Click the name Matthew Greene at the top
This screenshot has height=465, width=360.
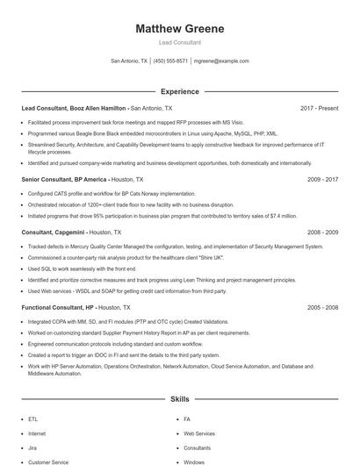tap(179, 29)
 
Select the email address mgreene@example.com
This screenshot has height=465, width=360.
tap(221, 61)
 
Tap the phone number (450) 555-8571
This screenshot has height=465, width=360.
tap(170, 61)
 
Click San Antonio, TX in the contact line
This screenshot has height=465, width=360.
tap(129, 61)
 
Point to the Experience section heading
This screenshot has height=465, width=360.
tap(179, 91)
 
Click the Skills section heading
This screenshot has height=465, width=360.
tap(179, 399)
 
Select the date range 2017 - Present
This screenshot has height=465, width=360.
tap(319, 108)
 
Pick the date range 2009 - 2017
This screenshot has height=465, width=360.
tap(322, 178)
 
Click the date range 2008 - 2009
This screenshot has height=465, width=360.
tap(322, 232)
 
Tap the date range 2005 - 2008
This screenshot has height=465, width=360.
tap(322, 308)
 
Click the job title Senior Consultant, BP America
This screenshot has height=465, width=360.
tap(61, 178)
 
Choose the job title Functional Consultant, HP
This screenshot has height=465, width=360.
tap(58, 308)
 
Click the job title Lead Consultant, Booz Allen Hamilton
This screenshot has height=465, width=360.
tap(75, 108)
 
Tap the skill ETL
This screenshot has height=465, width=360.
tap(33, 419)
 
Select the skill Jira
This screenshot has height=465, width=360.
tap(33, 447)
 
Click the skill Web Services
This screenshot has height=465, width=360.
tap(198, 433)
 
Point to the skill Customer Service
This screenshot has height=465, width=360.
tap(48, 461)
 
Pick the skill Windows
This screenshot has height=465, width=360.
tap(194, 461)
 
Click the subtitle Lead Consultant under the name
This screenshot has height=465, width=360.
tap(179, 42)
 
